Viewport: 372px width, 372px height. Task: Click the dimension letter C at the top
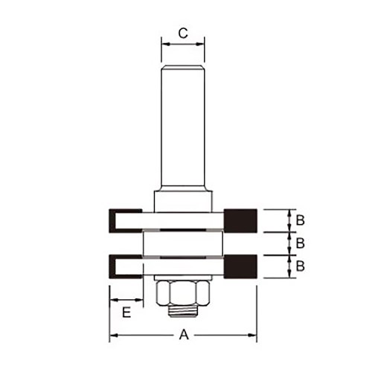(183, 32)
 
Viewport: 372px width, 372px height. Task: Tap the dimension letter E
(126, 312)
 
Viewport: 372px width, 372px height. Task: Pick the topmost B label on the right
(299, 220)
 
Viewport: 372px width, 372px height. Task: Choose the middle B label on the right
(299, 243)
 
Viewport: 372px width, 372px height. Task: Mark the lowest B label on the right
(299, 266)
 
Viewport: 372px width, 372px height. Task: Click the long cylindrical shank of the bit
(183, 126)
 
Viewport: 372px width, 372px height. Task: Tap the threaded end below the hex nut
(183, 305)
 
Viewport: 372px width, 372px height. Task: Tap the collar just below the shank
(183, 199)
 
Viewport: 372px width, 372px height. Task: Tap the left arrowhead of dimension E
(113, 301)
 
